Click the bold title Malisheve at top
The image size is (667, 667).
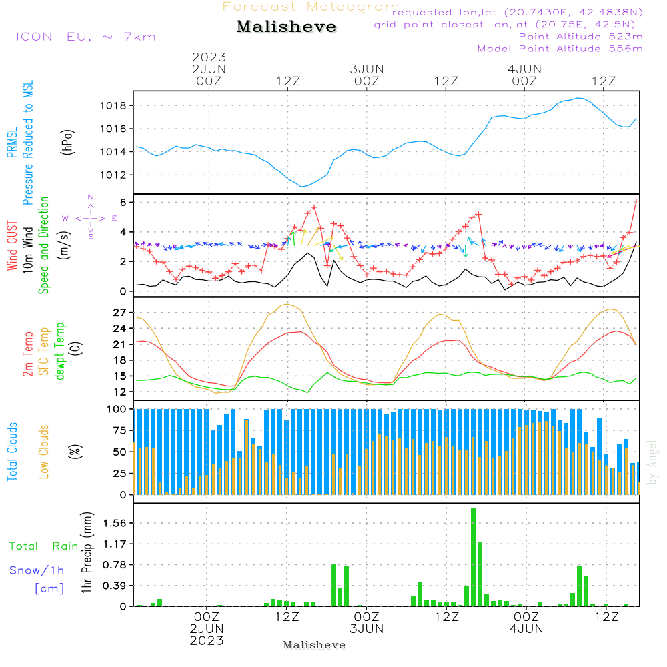(x=286, y=27)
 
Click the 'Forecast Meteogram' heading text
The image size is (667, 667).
(x=311, y=7)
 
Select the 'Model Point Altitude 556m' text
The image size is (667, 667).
(x=560, y=49)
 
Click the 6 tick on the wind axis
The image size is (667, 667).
(x=124, y=202)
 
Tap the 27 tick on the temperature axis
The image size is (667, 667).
(x=120, y=312)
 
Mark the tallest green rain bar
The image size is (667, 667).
(x=473, y=557)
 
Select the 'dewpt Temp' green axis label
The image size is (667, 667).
(x=59, y=352)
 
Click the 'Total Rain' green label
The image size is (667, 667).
(x=44, y=546)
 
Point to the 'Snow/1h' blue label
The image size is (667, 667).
(x=37, y=570)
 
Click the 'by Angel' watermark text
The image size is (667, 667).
(x=652, y=462)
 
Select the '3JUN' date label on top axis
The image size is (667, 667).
(x=367, y=69)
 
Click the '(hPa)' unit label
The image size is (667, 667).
(x=67, y=141)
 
